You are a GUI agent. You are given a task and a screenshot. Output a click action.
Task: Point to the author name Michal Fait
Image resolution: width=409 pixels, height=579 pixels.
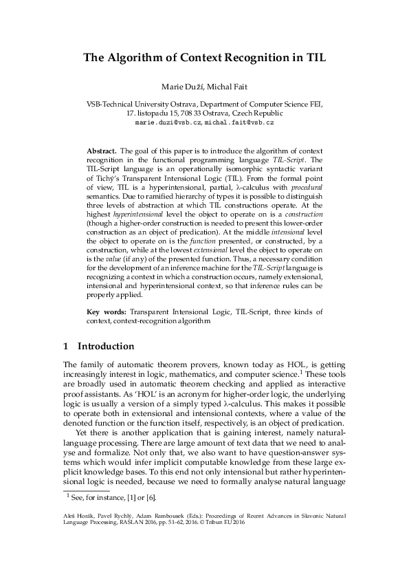[x=226, y=88]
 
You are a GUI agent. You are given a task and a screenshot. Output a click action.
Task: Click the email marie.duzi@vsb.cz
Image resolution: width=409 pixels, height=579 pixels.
[x=168, y=122]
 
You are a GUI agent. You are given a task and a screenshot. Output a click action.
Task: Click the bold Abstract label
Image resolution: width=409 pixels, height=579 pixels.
[x=101, y=150]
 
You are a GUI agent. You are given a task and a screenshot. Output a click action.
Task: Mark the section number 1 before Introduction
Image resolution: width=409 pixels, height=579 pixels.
[x=65, y=346]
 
